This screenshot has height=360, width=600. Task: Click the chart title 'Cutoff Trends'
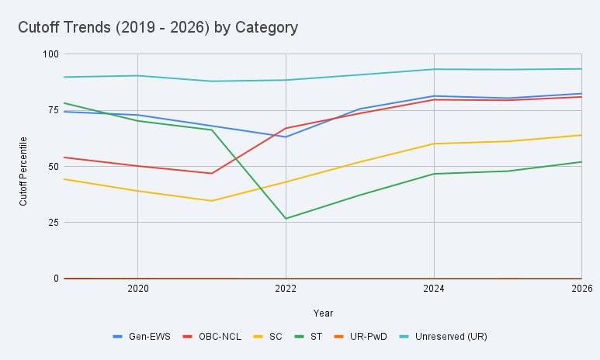tap(158, 28)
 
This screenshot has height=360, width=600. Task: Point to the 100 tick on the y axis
tap(51, 54)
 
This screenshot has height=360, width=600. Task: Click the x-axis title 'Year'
tap(323, 313)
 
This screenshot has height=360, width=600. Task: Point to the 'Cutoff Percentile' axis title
tap(23, 171)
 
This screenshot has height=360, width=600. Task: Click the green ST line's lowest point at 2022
tap(286, 219)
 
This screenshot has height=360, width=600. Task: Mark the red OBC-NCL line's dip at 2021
tap(211, 173)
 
